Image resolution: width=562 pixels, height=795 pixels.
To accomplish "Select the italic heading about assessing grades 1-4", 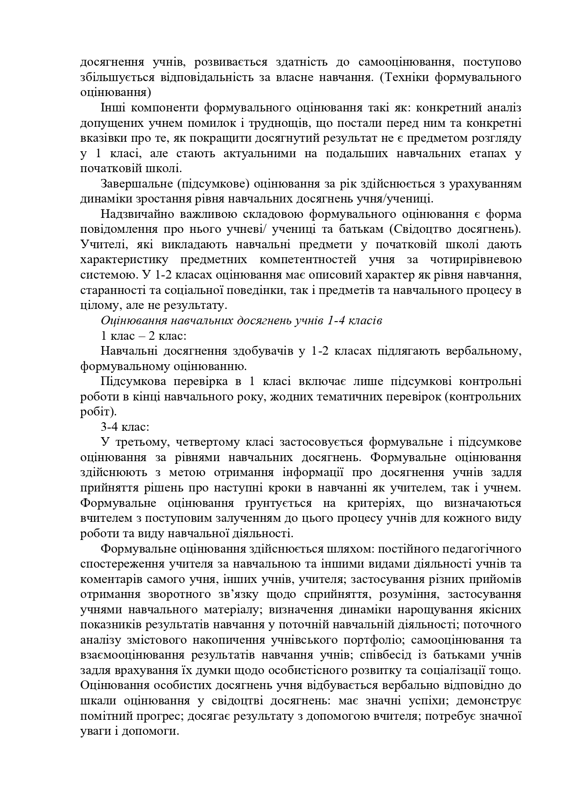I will click(x=241, y=321).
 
